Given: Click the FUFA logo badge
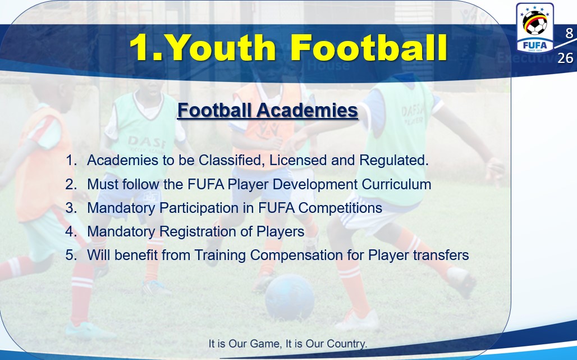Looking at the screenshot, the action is coord(535,28).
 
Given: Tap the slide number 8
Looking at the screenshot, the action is coord(569,33).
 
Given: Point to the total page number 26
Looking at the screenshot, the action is coord(565,58).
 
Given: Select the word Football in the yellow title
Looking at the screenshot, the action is coord(368,47).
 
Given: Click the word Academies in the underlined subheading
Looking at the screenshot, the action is coord(307,110).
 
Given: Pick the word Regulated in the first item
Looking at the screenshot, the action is coord(394,161).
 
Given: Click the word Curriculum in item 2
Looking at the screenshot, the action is coord(396,184).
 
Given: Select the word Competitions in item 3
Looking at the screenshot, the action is coord(340,208).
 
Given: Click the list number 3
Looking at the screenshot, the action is coord(70,208).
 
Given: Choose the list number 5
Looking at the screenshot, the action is coord(70,255).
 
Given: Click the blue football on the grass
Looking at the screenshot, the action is coord(290,298).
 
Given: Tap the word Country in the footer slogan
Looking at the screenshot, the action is coord(347,344).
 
